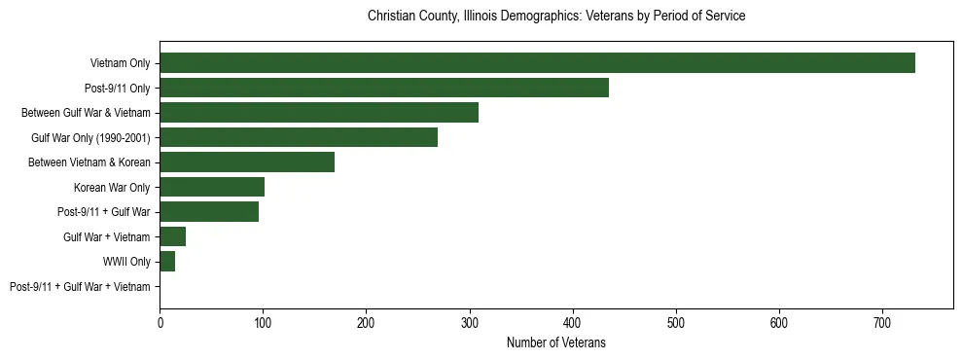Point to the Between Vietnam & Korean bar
click(247, 162)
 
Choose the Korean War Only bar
click(212, 187)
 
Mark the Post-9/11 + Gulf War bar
click(209, 212)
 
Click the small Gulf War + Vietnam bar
click(173, 236)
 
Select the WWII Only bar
click(167, 262)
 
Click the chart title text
click(556, 17)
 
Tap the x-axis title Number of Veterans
click(556, 342)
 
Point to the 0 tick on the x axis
click(160, 323)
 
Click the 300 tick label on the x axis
click(469, 323)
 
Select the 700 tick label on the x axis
click(882, 323)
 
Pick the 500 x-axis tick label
click(676, 323)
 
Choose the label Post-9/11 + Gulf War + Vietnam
click(80, 287)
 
